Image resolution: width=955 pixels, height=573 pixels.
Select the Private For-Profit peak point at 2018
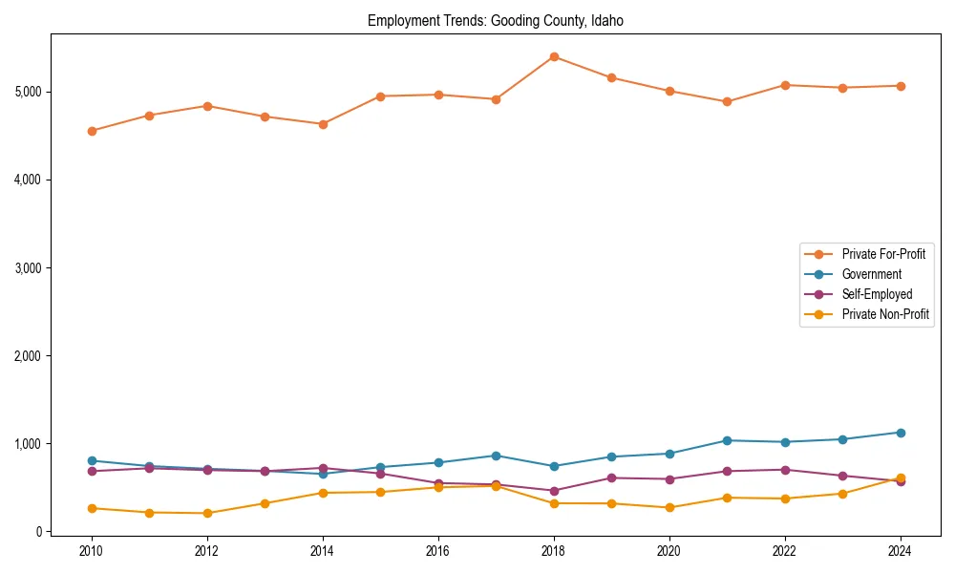[554, 56]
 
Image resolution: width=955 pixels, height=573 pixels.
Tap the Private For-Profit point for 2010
[92, 131]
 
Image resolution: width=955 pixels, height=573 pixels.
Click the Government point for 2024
[901, 433]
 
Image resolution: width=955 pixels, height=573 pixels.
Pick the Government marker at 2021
[727, 440]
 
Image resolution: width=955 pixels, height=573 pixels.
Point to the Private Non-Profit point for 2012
[207, 513]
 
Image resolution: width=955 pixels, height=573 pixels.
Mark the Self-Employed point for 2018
[554, 491]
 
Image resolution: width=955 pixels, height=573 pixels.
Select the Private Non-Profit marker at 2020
[669, 507]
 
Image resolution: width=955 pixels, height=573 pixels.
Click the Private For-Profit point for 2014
[323, 124]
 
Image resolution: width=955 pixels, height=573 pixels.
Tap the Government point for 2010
[92, 460]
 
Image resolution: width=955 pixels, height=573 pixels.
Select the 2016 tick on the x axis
[438, 551]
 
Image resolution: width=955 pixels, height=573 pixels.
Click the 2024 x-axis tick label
[901, 551]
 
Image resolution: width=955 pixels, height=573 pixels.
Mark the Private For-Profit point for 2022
[785, 85]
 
